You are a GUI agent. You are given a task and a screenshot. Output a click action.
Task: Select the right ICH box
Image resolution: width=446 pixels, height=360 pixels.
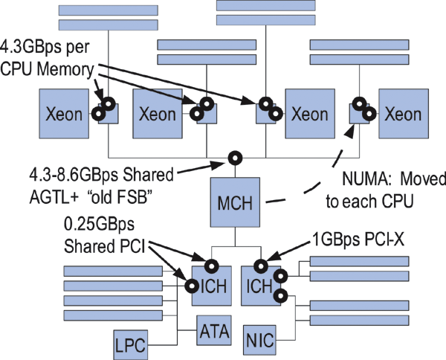tap(260, 284)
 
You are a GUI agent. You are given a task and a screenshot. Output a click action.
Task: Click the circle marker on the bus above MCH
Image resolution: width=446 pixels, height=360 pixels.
tap(235, 157)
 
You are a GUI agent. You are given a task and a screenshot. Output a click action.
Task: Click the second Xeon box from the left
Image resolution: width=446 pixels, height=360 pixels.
tap(158, 115)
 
